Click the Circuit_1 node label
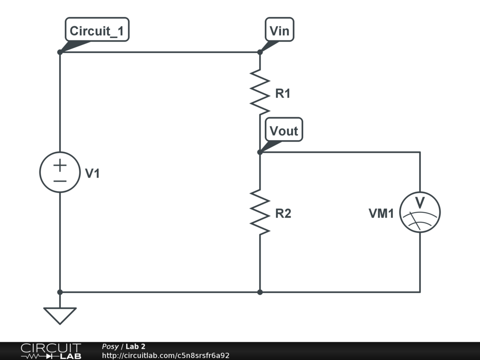[x=97, y=31]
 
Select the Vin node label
[x=280, y=31]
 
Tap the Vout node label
[x=284, y=131]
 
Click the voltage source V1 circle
[x=60, y=172]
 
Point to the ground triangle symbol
[x=60, y=315]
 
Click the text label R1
[x=283, y=94]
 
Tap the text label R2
[x=283, y=214]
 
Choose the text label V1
[x=92, y=174]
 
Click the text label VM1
[x=381, y=214]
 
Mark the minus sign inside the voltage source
[x=60, y=180]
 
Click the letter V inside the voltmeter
[x=420, y=203]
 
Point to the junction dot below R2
[x=260, y=292]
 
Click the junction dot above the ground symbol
[x=60, y=292]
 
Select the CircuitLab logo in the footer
[x=51, y=351]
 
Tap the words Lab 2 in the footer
[x=135, y=347]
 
